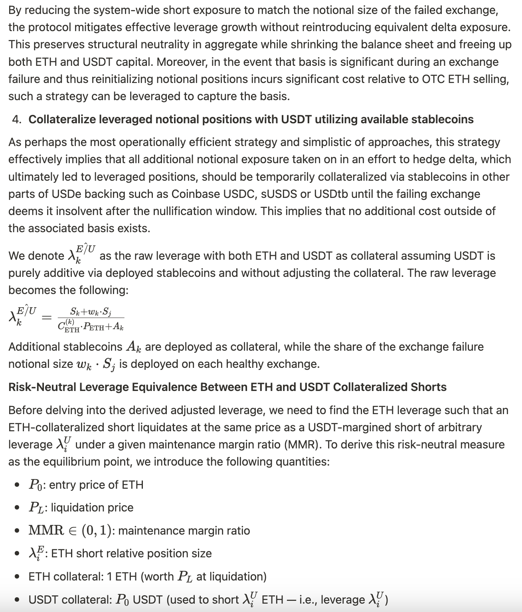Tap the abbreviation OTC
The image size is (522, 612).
(x=433, y=79)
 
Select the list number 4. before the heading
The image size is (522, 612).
(x=17, y=119)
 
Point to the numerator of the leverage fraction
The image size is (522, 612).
(x=91, y=311)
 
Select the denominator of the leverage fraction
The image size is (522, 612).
(x=91, y=326)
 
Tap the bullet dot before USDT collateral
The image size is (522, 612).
(x=17, y=600)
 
